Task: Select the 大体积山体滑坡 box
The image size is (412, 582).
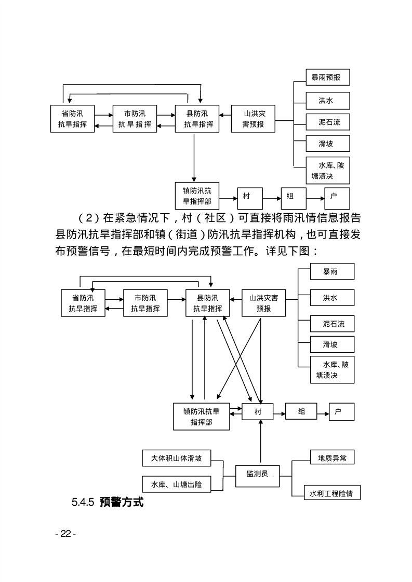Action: pyautogui.click(x=176, y=459)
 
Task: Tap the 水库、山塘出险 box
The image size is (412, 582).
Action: pyautogui.click(x=176, y=484)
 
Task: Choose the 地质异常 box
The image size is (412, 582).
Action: pyautogui.click(x=332, y=458)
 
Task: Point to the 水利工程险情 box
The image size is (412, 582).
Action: pyautogui.click(x=332, y=492)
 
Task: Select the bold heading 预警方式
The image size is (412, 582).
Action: pyautogui.click(x=121, y=502)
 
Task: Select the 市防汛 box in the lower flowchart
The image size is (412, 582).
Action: pyautogui.click(x=145, y=303)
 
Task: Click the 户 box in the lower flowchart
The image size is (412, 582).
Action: pyautogui.click(x=341, y=412)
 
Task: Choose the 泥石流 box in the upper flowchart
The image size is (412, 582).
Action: pyautogui.click(x=327, y=122)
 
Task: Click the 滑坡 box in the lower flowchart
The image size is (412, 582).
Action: pyautogui.click(x=331, y=344)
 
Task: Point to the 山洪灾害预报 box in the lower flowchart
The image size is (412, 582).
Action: pyautogui.click(x=263, y=303)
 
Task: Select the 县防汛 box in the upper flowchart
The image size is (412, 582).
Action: pyautogui.click(x=197, y=119)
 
